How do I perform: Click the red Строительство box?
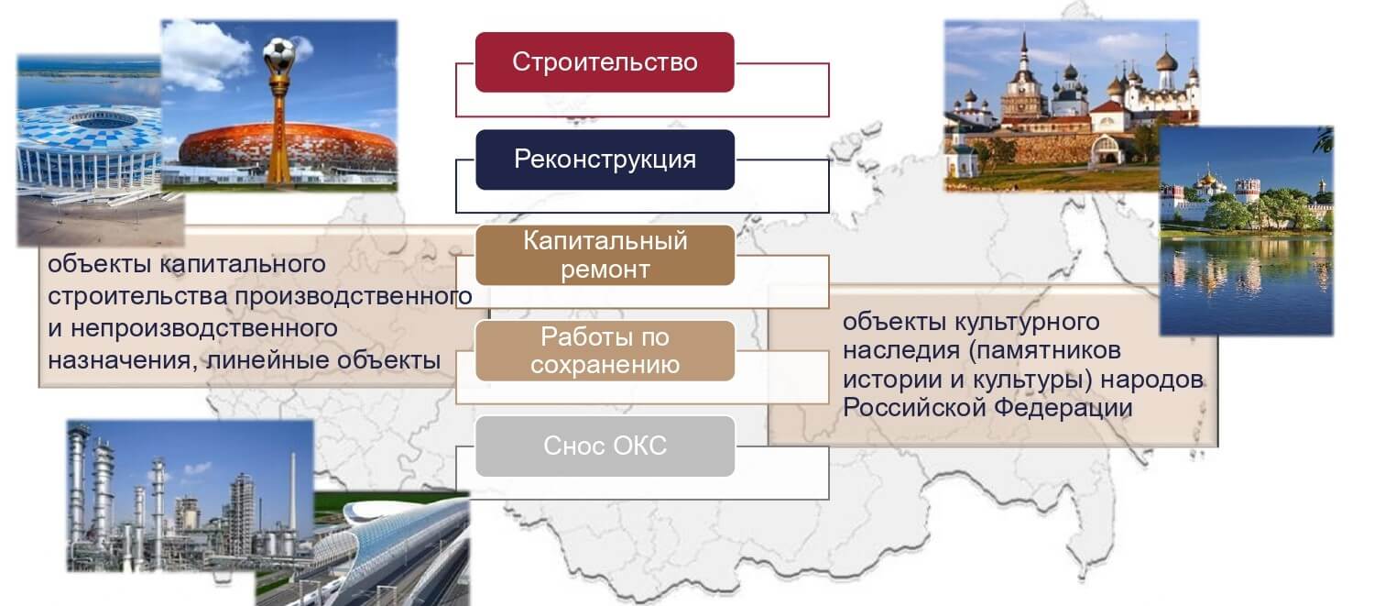(605, 62)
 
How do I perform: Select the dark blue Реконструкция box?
(605, 160)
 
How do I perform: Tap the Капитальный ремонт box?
(605, 255)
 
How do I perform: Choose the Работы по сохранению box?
(605, 350)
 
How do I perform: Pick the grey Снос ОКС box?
(605, 446)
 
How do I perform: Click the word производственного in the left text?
(354, 296)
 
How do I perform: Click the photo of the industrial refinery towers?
(191, 496)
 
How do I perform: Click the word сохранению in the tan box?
(605, 365)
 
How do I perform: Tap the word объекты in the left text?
(99, 265)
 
